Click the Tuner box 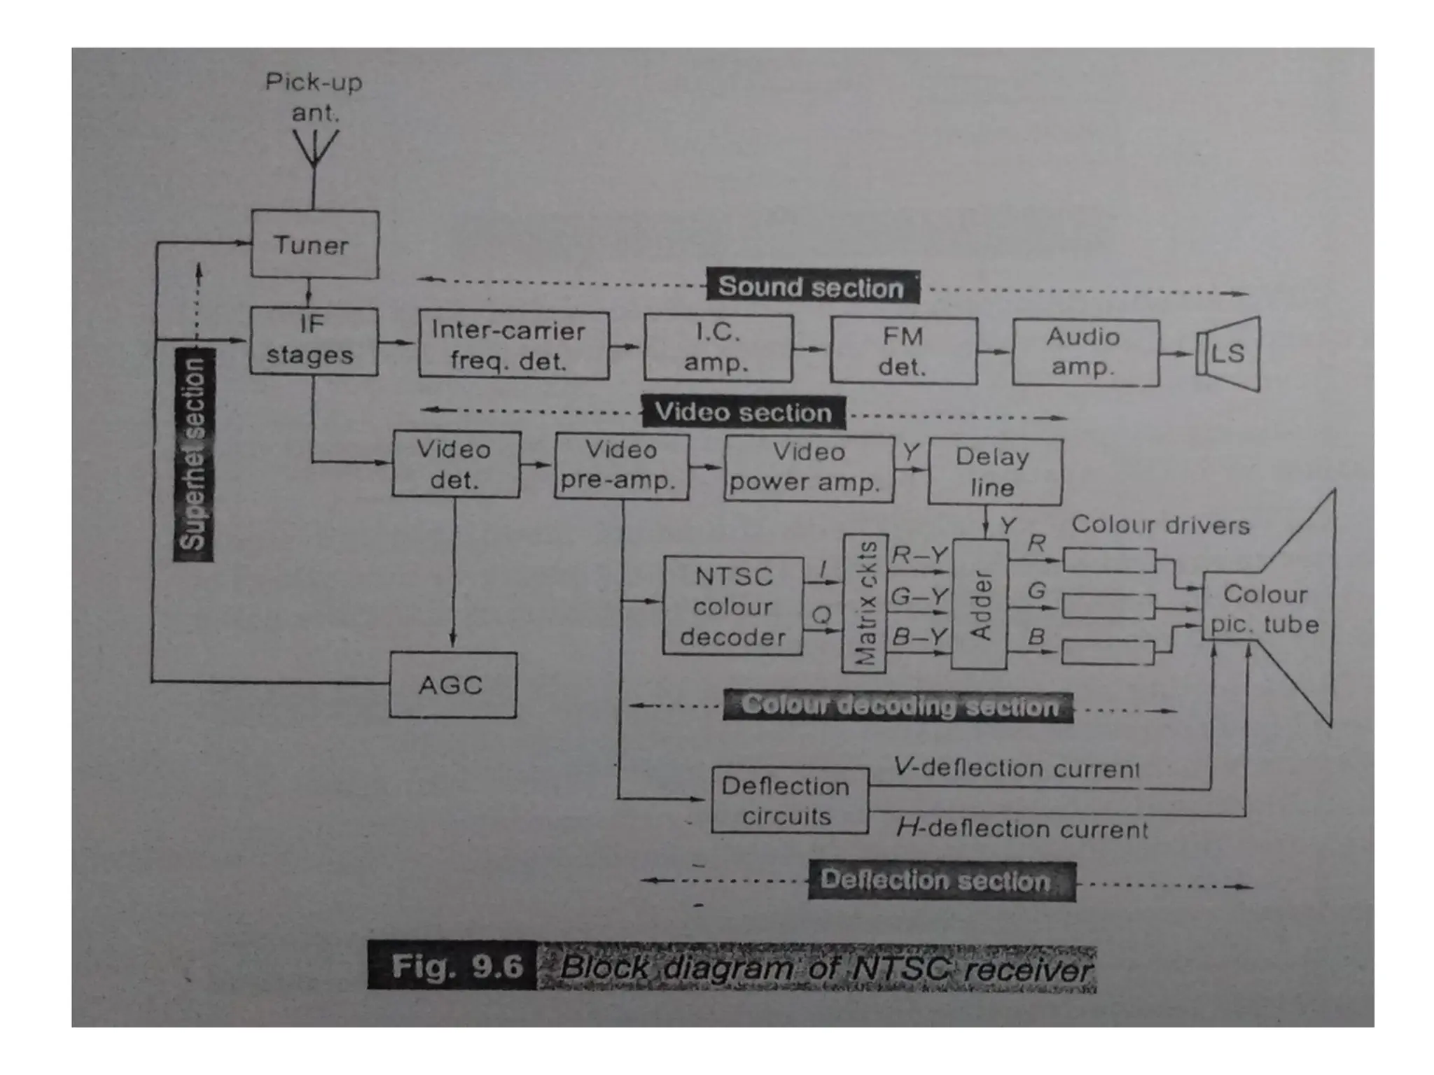[x=314, y=244]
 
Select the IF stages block [x=313, y=341]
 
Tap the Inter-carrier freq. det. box [x=513, y=345]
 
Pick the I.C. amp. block [x=718, y=348]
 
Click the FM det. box [x=903, y=351]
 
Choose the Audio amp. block [x=1085, y=353]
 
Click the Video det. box [x=456, y=465]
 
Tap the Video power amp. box [x=808, y=468]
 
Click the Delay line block [x=994, y=472]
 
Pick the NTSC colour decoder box [x=732, y=606]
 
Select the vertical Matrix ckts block [x=864, y=603]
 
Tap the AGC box [x=452, y=684]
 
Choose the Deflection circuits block [x=789, y=801]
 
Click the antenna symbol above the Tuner [x=314, y=150]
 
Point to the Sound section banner [x=812, y=287]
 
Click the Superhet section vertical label [x=194, y=454]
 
